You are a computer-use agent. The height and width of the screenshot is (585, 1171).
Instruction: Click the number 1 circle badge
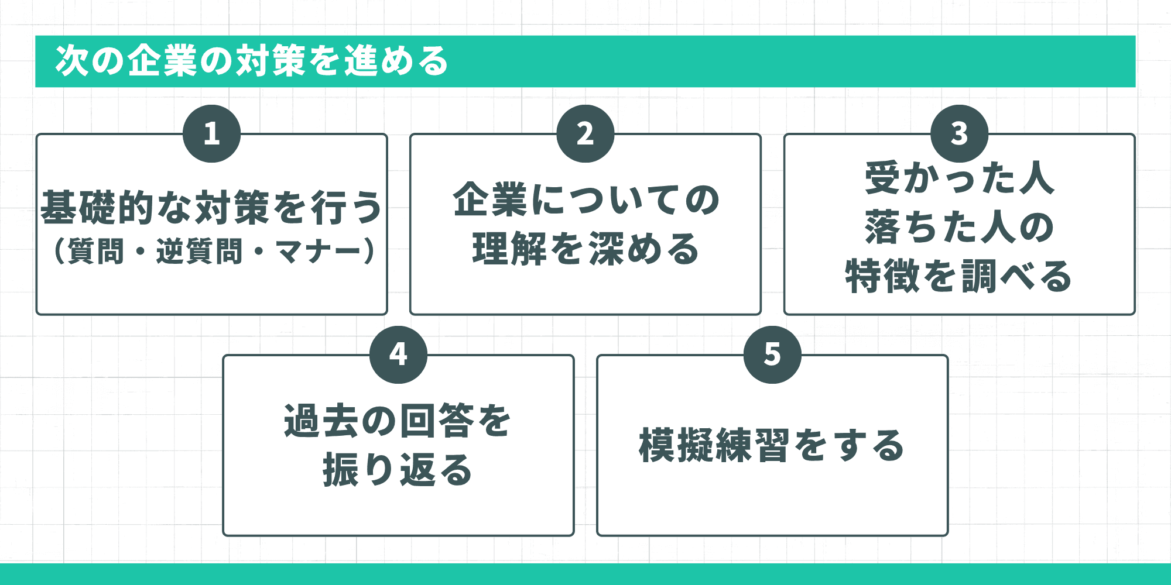(x=211, y=133)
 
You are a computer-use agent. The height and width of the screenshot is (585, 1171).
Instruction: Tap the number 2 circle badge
(x=585, y=133)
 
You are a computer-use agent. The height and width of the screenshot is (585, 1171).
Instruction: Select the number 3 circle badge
(x=959, y=133)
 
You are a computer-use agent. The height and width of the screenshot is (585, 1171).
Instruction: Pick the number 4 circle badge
(x=398, y=355)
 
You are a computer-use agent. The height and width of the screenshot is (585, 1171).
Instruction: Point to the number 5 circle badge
(x=772, y=355)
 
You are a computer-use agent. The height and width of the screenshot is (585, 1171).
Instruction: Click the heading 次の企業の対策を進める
(x=252, y=61)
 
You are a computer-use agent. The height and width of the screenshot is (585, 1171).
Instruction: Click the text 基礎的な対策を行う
(x=211, y=207)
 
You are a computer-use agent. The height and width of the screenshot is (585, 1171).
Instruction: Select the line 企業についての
(x=585, y=200)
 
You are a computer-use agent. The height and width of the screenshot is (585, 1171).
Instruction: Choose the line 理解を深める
(x=585, y=249)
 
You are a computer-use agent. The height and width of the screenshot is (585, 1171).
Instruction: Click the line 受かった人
(x=959, y=178)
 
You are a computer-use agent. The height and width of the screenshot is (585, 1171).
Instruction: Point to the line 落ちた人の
(x=959, y=227)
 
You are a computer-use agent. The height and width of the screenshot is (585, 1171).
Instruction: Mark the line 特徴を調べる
(x=959, y=276)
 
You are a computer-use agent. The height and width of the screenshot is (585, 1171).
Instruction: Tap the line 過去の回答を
(x=398, y=421)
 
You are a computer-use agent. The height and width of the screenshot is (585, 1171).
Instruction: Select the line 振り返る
(x=398, y=470)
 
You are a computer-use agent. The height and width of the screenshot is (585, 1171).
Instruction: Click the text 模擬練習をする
(x=772, y=445)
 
